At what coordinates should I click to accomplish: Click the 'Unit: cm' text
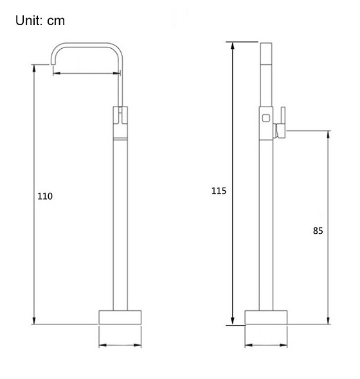pyautogui.click(x=40, y=21)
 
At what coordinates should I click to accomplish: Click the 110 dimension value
pyautogui.click(x=45, y=196)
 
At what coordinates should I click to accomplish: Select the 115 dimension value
pyautogui.click(x=220, y=190)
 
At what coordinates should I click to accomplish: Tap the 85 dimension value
pyautogui.click(x=318, y=230)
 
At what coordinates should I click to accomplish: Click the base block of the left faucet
pyautogui.click(x=120, y=318)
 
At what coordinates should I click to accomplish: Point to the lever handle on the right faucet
pyautogui.click(x=281, y=125)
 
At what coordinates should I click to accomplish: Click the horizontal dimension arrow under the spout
pyautogui.click(x=86, y=73)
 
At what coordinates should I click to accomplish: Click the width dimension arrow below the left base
pyautogui.click(x=120, y=346)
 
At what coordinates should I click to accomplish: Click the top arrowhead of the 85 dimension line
pyautogui.click(x=328, y=134)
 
